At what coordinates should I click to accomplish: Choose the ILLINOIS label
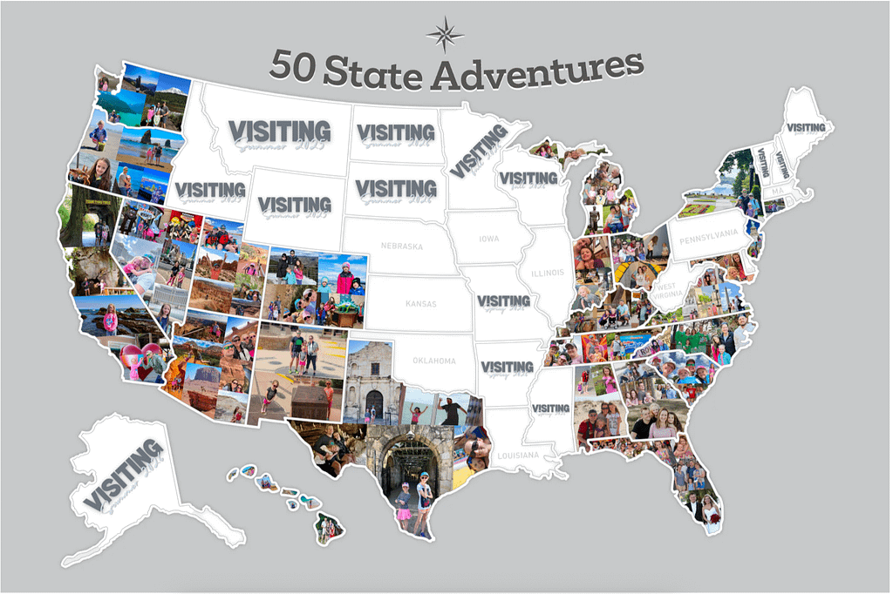pyautogui.click(x=548, y=273)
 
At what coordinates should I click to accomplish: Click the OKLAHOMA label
pyautogui.click(x=433, y=361)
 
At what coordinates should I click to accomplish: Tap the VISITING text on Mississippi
pyautogui.click(x=550, y=407)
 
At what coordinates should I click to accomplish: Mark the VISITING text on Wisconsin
pyautogui.click(x=528, y=178)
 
